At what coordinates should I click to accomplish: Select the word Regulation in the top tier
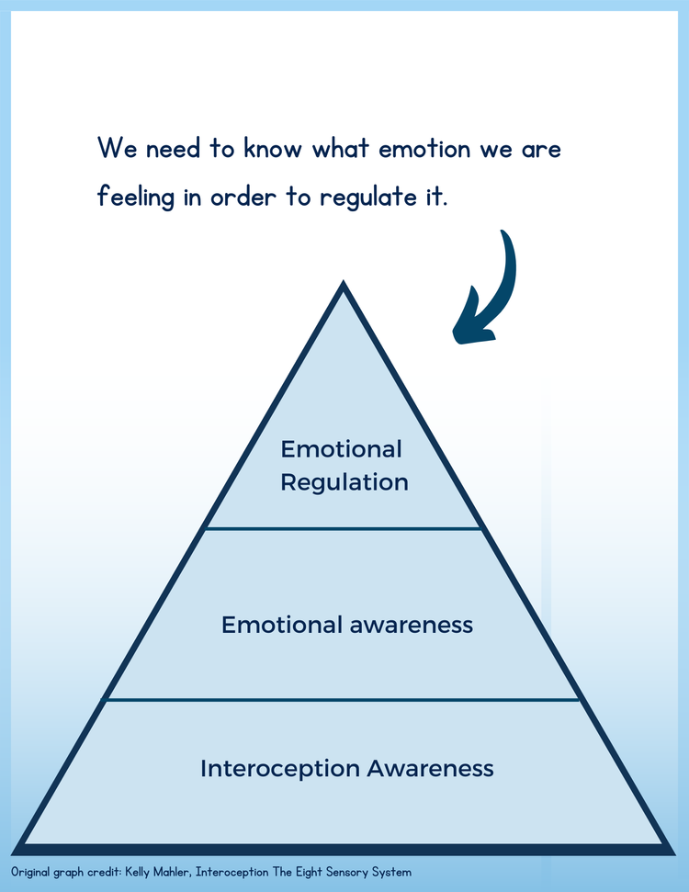pyautogui.click(x=344, y=482)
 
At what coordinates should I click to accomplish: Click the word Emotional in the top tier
pyautogui.click(x=342, y=449)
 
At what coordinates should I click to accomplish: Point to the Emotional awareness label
pyautogui.click(x=347, y=626)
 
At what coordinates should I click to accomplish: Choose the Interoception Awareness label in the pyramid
pyautogui.click(x=347, y=768)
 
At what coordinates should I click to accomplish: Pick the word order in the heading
pyautogui.click(x=244, y=198)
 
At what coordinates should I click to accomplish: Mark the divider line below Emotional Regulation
pyautogui.click(x=344, y=528)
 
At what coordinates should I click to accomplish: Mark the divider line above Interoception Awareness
pyautogui.click(x=344, y=699)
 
